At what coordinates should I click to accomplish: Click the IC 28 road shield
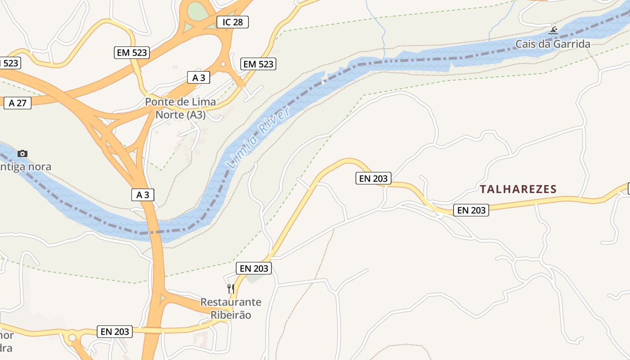(x=232, y=22)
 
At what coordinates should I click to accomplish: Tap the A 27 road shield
(x=18, y=103)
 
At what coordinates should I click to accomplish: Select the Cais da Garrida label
(x=553, y=44)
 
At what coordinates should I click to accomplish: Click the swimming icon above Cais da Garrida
(x=553, y=31)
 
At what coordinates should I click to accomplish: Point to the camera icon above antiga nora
(x=22, y=153)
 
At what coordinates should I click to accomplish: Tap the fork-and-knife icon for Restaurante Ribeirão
(x=231, y=288)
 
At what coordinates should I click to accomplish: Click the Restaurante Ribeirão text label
(x=231, y=308)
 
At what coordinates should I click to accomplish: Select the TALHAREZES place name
(x=518, y=189)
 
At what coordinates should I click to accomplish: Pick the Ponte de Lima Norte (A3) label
(x=180, y=108)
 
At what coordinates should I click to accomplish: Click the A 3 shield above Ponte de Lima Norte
(x=198, y=78)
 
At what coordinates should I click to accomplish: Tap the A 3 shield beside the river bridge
(x=143, y=195)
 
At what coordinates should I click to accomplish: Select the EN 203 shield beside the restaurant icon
(x=254, y=269)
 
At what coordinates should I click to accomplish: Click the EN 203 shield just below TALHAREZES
(x=471, y=210)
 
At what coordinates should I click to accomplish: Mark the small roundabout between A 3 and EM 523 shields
(x=223, y=64)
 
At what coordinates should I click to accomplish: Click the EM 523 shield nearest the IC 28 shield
(x=258, y=64)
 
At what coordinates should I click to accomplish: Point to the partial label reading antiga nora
(x=26, y=167)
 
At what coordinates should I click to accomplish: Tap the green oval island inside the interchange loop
(x=196, y=11)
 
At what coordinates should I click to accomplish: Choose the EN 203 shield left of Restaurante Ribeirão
(x=115, y=332)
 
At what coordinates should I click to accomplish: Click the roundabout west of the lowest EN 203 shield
(x=72, y=337)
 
